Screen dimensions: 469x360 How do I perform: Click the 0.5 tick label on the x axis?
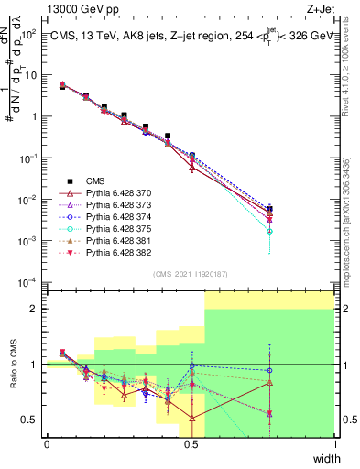[191, 444]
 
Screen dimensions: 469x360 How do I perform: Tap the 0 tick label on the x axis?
[47, 444]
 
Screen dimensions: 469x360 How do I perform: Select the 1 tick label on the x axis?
[334, 444]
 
